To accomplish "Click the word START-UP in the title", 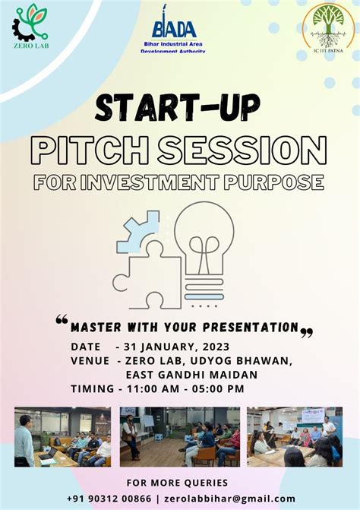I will [x=180, y=107].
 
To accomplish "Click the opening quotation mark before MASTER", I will [x=62, y=321].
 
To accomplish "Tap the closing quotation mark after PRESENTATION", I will [x=307, y=331].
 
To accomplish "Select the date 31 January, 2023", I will [x=172, y=346].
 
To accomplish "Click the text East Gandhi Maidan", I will [x=191, y=374].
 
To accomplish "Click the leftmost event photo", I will [x=62, y=436].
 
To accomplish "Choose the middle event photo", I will [x=179, y=436].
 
